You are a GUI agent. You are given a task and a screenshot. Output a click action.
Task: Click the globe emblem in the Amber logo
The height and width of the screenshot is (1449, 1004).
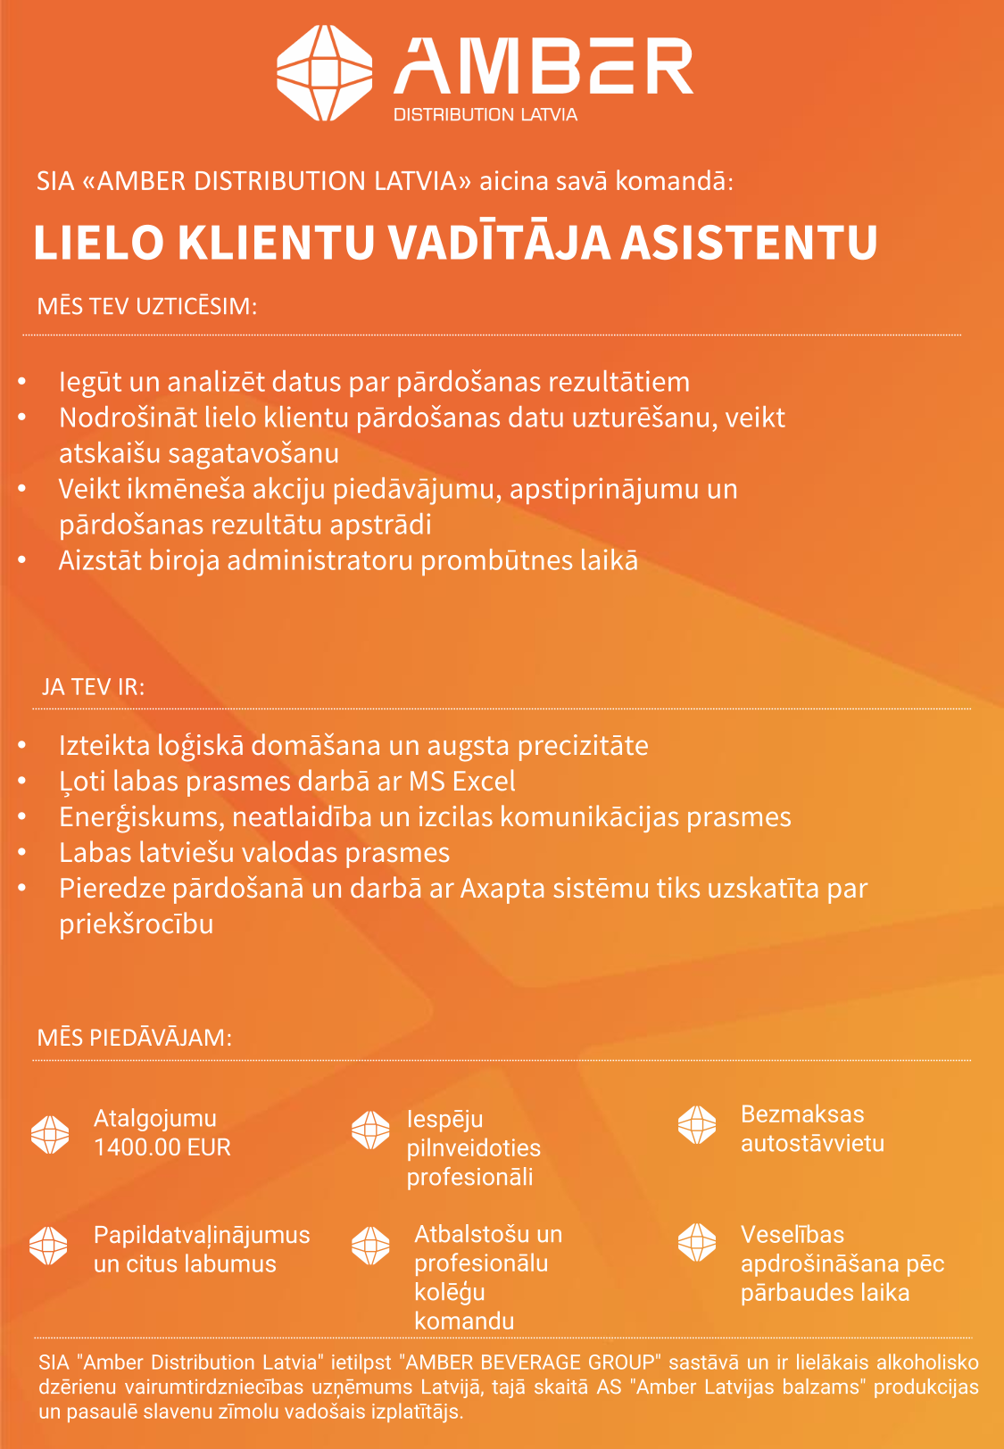tap(324, 72)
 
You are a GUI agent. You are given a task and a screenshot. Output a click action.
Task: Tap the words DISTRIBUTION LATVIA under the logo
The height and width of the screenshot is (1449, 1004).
tap(485, 115)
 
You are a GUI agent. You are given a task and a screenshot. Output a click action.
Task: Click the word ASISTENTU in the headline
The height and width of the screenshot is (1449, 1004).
tap(749, 243)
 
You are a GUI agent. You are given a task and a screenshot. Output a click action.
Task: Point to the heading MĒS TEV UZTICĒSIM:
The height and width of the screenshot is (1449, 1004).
tap(147, 307)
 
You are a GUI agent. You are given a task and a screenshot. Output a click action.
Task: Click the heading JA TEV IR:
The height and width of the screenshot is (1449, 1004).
tap(93, 687)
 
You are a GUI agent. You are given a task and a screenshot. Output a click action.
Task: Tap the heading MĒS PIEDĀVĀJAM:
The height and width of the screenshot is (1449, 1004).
tap(135, 1038)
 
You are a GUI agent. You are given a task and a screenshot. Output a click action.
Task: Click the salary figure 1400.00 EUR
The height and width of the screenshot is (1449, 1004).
tap(162, 1147)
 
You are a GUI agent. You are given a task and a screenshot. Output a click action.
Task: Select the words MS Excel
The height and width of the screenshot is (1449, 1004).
tap(461, 782)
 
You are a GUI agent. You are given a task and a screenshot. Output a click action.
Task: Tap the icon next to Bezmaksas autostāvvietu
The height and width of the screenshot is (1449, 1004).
tap(697, 1125)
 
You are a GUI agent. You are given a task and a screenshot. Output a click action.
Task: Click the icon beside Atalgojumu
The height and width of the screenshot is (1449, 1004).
tap(50, 1134)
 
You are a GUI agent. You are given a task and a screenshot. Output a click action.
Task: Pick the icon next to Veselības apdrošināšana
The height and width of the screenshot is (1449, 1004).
tap(697, 1242)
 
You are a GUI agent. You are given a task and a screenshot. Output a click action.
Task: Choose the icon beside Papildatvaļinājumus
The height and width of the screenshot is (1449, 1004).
tap(48, 1246)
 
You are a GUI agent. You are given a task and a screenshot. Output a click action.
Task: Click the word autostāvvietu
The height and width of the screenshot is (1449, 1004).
tap(812, 1144)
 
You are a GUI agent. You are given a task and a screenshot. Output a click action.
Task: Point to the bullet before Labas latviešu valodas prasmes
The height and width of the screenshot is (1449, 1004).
tap(22, 853)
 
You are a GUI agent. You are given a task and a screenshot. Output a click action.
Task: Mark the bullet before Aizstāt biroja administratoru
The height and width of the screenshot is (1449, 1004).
tap(22, 561)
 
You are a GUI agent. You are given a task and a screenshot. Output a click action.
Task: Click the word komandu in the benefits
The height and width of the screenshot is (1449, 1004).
tap(464, 1321)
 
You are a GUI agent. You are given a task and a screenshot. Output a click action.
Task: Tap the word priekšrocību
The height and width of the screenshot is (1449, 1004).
tap(137, 924)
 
